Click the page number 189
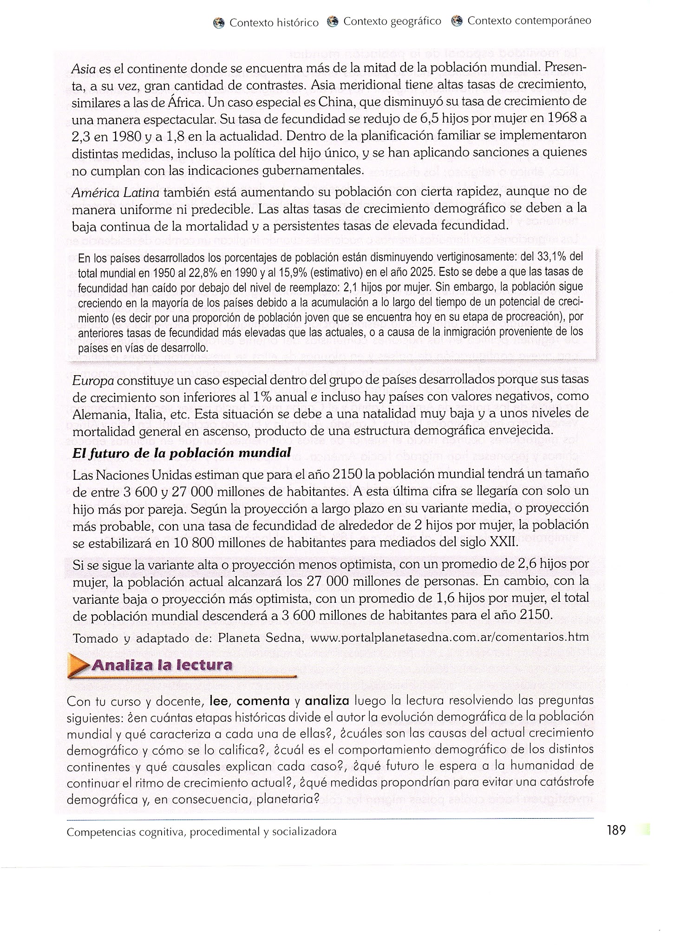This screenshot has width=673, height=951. [616, 830]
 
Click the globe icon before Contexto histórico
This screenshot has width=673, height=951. [218, 23]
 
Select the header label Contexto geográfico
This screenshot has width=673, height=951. [392, 21]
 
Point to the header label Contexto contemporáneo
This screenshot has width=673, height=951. [529, 21]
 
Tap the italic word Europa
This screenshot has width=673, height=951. [93, 380]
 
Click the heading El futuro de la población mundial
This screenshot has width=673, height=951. [182, 453]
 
